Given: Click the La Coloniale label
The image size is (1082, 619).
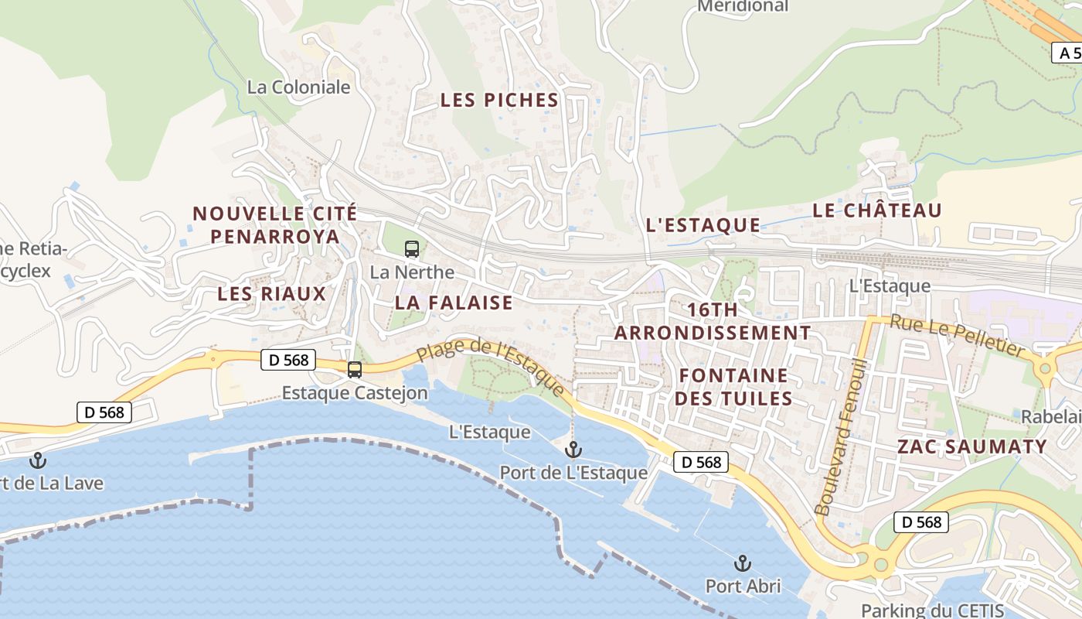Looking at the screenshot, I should pos(298,87).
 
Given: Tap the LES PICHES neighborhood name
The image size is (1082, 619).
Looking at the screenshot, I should pos(499,100).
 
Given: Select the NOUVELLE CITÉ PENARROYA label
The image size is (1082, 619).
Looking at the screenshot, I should pos(275,224).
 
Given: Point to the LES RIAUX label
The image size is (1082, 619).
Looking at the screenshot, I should pos(272,294).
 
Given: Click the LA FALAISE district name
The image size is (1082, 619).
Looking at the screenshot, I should pos(454,303).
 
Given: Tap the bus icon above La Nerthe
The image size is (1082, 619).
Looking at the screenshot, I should pos(412,249).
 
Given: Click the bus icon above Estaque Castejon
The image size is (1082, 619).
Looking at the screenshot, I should pos(355,370).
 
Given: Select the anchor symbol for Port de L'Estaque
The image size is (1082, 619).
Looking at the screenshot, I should pos(573,449).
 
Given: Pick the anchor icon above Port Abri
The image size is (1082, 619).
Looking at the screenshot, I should pos(743,563).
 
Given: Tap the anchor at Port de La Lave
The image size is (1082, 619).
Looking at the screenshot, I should pos(37,461).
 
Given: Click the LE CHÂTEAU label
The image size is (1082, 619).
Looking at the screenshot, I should pos(877,210).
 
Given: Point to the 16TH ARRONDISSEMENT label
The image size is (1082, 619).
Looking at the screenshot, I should pos(713,321).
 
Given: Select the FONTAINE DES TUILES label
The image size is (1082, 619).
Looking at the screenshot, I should pos(734,387).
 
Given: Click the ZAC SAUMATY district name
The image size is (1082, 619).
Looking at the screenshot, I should pos(972,446).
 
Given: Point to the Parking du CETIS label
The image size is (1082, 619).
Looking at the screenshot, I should pos(933,610).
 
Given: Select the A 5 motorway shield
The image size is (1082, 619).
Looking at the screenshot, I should pos(1067,53).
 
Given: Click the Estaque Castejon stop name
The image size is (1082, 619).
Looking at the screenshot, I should pos(354,393).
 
